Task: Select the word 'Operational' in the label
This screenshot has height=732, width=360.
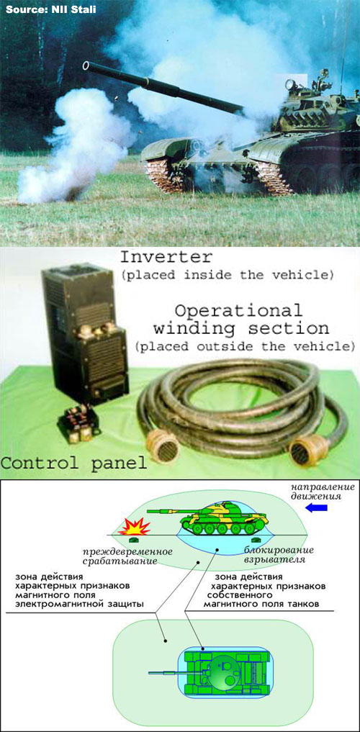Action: (238, 310)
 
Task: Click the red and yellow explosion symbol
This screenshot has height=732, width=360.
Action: (137, 528)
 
